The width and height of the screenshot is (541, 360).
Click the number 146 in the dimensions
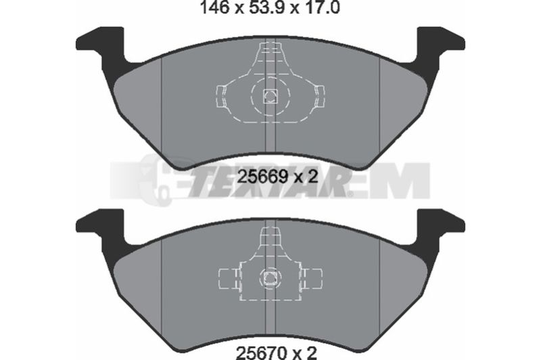coord(214,7)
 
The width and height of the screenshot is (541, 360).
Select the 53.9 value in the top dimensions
coord(264,7)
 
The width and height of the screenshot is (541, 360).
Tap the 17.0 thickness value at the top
coord(320,7)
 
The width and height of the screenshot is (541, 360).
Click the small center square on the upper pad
coord(270,96)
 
